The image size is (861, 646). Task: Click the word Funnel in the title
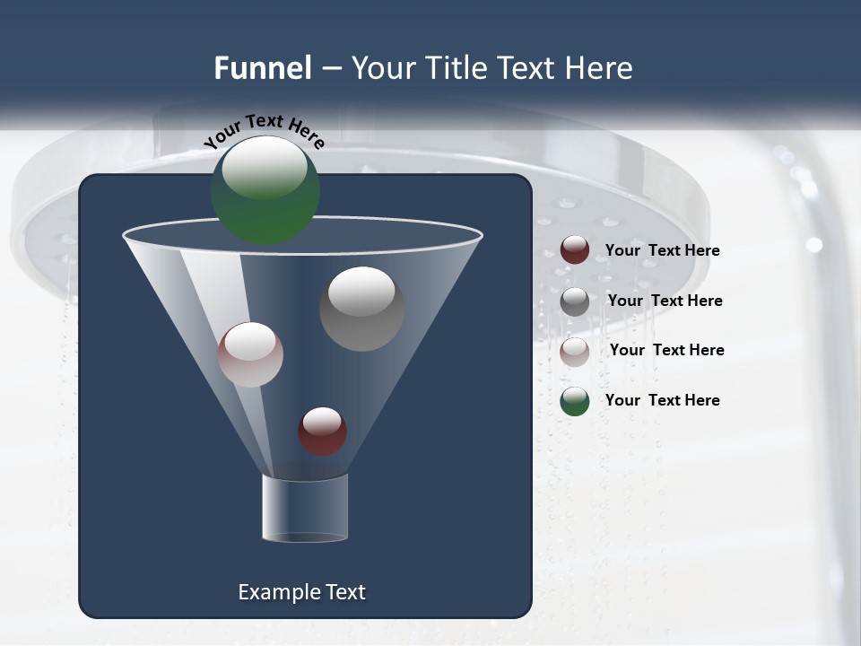pyautogui.click(x=263, y=68)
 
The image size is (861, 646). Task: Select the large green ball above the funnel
pyautogui.click(x=265, y=189)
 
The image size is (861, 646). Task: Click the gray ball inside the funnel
pyautogui.click(x=362, y=309)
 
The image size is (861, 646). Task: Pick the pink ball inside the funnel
pyautogui.click(x=251, y=354)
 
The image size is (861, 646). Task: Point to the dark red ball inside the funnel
pyautogui.click(x=323, y=432)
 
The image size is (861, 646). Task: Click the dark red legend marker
pyautogui.click(x=575, y=250)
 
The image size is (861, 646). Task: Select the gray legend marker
pyautogui.click(x=575, y=301)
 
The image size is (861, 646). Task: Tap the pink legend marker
pyautogui.click(x=575, y=352)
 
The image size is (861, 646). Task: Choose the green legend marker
pyautogui.click(x=575, y=401)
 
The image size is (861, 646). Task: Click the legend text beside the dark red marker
pyautogui.click(x=663, y=251)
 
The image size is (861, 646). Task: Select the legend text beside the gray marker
pyautogui.click(x=665, y=301)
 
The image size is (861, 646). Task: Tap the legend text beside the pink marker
pyautogui.click(x=666, y=351)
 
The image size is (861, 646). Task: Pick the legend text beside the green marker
pyautogui.click(x=663, y=401)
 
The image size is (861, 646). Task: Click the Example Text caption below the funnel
pyautogui.click(x=302, y=592)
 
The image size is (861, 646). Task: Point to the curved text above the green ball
pyautogui.click(x=265, y=130)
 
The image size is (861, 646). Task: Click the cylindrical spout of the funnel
pyautogui.click(x=305, y=509)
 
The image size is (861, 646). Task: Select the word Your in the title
pyautogui.click(x=380, y=68)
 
